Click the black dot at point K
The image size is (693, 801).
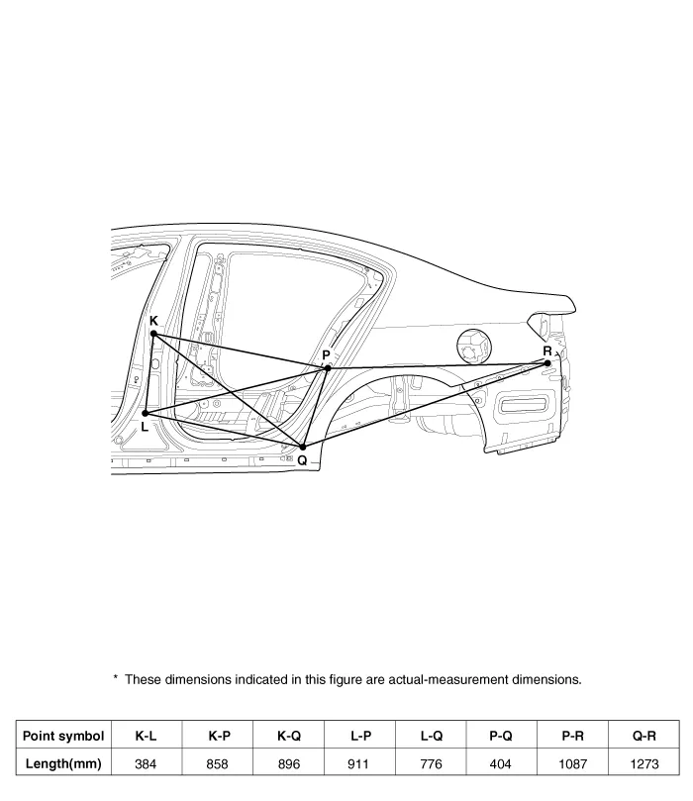(153, 334)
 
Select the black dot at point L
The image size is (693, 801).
(145, 413)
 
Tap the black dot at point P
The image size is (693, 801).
(328, 367)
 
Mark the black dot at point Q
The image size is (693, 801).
(302, 447)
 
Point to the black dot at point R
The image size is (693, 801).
(547, 363)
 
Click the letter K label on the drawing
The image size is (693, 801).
(153, 321)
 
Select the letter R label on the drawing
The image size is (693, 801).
(547, 350)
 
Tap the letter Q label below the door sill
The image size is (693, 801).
(302, 460)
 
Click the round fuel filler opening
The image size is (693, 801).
(474, 347)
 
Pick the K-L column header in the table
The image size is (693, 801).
(147, 736)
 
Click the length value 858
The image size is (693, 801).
(217, 763)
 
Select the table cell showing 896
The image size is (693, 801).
(288, 763)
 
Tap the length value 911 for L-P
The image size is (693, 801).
(358, 763)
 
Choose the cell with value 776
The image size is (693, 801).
(431, 763)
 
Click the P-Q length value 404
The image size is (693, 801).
(501, 763)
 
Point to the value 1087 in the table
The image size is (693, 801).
(572, 763)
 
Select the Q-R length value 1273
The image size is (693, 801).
(644, 763)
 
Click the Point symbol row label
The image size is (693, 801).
(63, 736)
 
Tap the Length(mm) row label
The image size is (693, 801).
(63, 763)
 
